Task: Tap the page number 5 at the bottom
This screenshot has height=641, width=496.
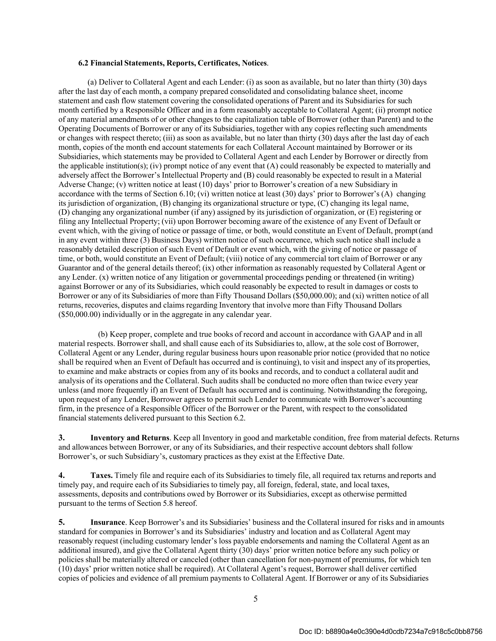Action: [x=255, y=598]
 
